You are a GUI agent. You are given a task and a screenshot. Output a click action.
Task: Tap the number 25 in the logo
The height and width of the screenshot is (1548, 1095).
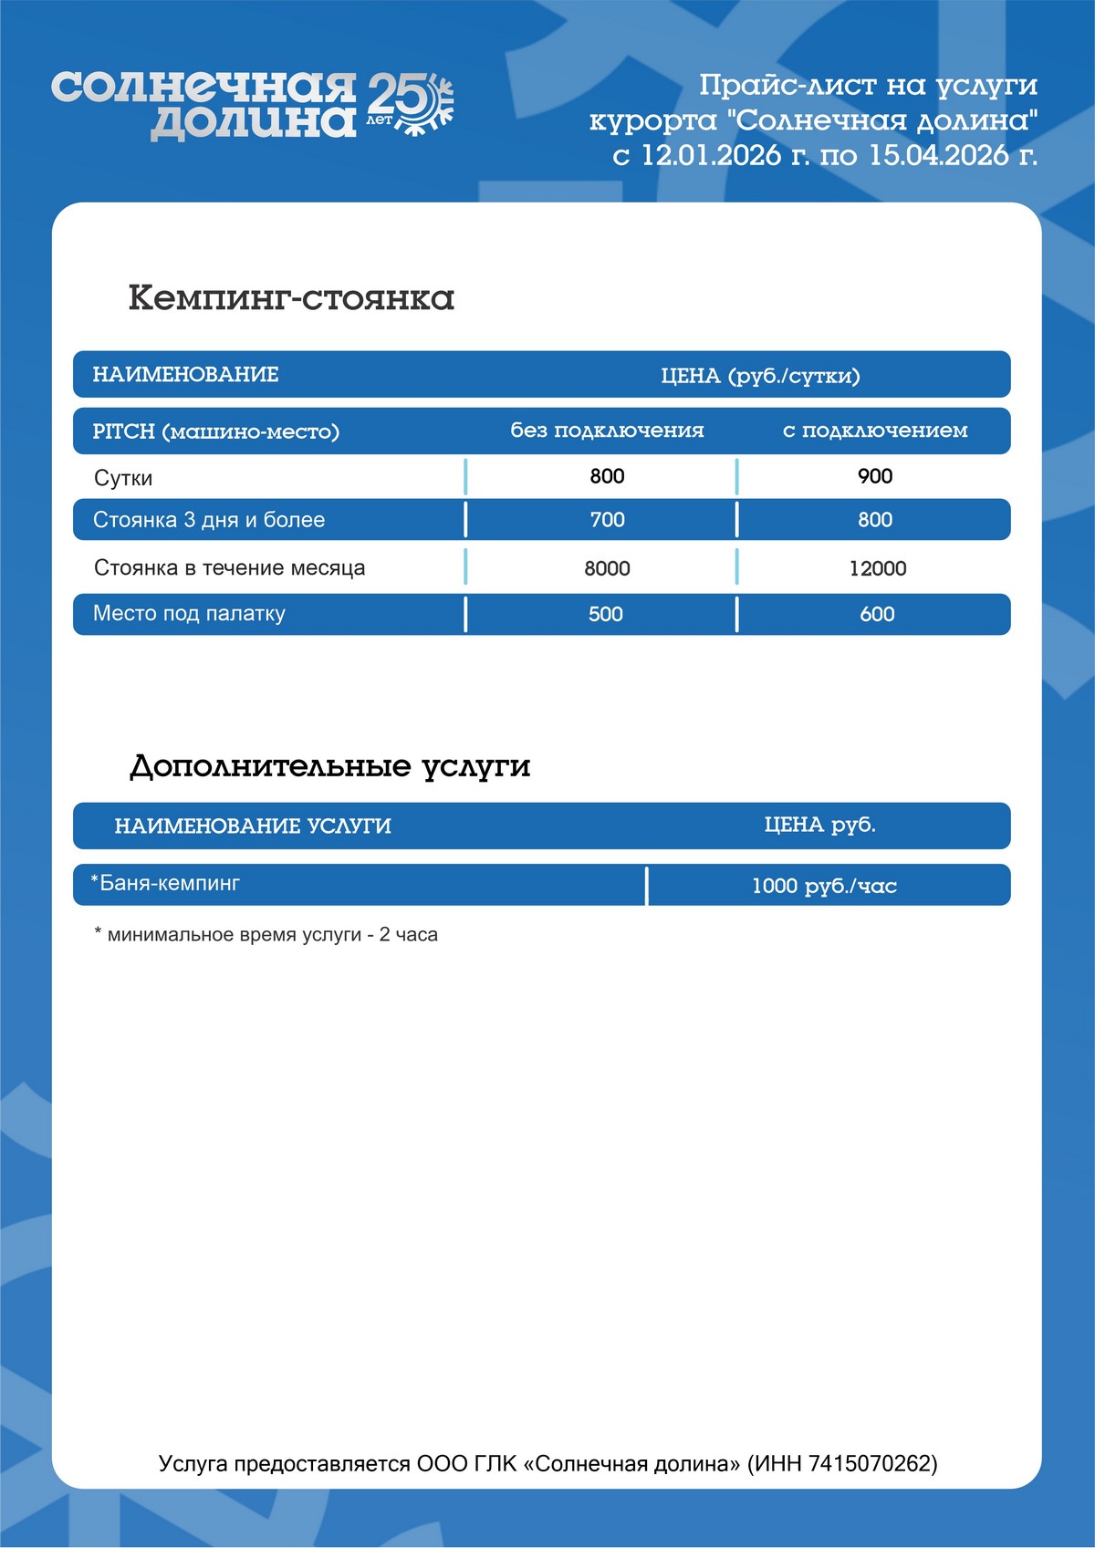click(x=393, y=95)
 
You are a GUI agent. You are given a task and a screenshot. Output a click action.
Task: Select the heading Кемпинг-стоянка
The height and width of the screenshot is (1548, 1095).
click(x=291, y=298)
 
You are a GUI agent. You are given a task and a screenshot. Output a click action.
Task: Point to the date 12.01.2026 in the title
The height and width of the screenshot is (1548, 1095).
click(x=711, y=155)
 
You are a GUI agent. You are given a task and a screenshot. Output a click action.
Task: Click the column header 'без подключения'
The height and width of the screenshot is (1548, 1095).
click(x=607, y=431)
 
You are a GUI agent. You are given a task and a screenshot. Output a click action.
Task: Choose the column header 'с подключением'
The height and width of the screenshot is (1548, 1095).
click(x=875, y=431)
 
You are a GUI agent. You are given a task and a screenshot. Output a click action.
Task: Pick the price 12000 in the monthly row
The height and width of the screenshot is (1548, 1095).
click(x=878, y=568)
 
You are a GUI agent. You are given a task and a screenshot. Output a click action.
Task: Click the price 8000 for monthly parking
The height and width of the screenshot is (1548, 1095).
click(x=607, y=568)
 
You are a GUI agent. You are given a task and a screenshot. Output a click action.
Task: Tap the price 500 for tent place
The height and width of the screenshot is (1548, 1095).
click(x=606, y=615)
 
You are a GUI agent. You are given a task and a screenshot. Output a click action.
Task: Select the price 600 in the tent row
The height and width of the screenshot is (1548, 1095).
click(x=877, y=615)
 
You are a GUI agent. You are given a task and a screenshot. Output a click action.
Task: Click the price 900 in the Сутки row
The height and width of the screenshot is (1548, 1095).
click(x=875, y=476)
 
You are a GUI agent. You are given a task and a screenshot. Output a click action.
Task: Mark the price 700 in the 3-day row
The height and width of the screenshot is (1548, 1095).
click(x=607, y=520)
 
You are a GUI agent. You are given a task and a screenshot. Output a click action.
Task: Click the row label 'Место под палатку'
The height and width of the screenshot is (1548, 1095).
click(x=189, y=614)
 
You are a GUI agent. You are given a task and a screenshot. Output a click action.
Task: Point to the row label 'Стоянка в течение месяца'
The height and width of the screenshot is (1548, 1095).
click(x=229, y=568)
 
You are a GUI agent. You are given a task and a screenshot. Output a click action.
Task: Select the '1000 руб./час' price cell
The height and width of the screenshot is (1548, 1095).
click(x=824, y=886)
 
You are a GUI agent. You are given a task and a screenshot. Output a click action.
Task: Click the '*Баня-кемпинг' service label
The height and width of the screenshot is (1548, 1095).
click(x=165, y=883)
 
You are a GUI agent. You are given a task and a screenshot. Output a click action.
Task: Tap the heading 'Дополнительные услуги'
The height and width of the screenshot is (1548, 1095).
click(x=329, y=766)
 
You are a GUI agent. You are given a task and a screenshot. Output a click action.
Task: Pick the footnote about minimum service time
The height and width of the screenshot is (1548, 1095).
click(x=266, y=935)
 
